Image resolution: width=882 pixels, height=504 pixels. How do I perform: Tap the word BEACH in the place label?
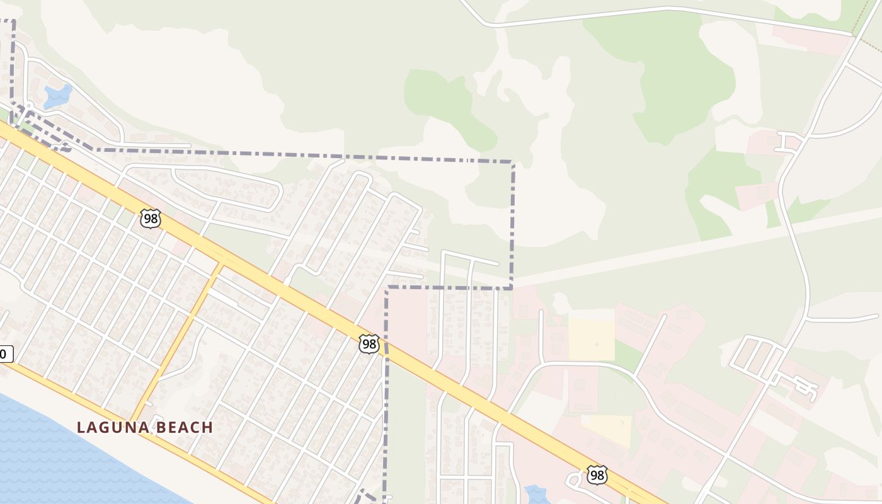click(x=182, y=427)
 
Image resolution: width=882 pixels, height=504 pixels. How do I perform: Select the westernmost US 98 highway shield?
click(x=151, y=219)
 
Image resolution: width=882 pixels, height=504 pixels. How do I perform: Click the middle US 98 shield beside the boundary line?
click(x=369, y=344)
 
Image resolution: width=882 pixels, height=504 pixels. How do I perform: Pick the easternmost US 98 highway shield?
click(x=597, y=475)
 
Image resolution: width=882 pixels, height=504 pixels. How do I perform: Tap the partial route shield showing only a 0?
click(x=5, y=354)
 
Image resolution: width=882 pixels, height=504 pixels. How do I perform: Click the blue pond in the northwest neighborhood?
click(x=58, y=96)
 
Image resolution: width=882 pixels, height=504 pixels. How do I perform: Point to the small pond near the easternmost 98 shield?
click(x=536, y=494)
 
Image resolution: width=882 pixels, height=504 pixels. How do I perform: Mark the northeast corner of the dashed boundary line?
click(x=513, y=163)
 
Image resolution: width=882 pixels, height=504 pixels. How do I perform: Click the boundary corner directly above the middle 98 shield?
click(x=387, y=287)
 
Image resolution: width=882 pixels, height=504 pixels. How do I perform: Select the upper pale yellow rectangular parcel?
click(x=591, y=339)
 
